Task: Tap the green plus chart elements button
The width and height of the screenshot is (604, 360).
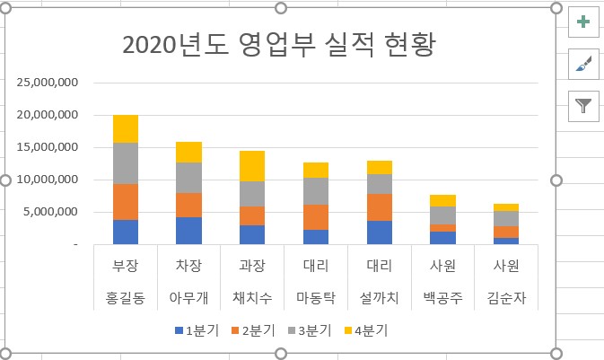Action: [x=583, y=22]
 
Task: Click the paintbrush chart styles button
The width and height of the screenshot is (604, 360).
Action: [x=583, y=64]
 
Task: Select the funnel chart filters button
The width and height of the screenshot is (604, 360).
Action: [x=583, y=106]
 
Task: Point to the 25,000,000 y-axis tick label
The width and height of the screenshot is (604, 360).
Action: [x=48, y=83]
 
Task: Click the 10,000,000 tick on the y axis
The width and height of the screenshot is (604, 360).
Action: [x=48, y=180]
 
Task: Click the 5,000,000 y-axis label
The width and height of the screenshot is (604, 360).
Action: [x=52, y=212]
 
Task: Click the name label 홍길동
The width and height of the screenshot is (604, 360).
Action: [x=125, y=295]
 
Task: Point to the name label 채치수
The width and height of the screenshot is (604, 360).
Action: [x=252, y=295]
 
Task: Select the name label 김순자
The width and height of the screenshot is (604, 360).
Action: [x=506, y=295]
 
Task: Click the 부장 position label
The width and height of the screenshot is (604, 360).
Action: [x=125, y=267]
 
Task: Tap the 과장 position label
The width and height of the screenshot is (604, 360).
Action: [x=252, y=267]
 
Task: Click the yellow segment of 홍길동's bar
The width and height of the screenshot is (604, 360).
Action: [x=126, y=129]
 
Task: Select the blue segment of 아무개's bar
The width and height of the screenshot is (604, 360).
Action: [x=189, y=231]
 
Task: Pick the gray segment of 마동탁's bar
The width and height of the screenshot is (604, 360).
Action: [x=316, y=191]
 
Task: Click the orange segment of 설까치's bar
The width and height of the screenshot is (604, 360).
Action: [x=380, y=207]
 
